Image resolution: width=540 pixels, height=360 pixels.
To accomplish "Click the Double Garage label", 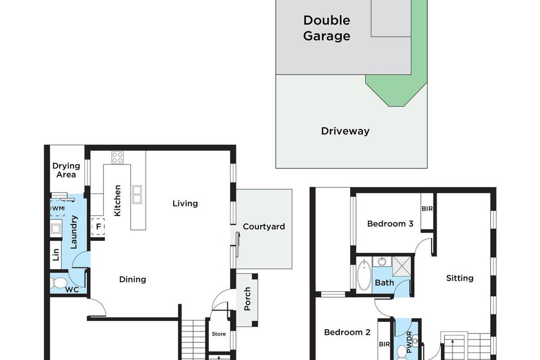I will [326, 28].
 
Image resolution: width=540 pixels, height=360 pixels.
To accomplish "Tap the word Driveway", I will [345, 131].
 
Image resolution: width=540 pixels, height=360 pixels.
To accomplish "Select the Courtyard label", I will [263, 227].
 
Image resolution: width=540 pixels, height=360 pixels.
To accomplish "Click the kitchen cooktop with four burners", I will [117, 157].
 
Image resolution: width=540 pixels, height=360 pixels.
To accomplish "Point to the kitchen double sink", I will [137, 194].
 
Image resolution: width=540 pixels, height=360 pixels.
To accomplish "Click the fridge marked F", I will [98, 227].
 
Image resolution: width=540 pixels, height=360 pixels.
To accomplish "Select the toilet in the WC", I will [59, 282].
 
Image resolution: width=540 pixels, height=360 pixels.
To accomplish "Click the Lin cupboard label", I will [56, 254].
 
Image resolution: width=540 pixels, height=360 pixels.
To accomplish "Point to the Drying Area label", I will [66, 170].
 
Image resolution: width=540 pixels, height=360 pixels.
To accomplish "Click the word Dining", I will [133, 280].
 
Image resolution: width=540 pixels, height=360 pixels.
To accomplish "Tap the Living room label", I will [185, 204].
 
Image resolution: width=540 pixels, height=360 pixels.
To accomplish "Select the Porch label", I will [247, 299].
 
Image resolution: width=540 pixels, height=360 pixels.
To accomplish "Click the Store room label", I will [219, 334].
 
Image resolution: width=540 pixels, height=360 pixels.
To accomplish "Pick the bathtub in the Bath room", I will [364, 276].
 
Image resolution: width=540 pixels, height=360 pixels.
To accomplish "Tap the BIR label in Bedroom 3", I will [427, 209].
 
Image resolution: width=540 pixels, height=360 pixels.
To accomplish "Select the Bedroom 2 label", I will [347, 333].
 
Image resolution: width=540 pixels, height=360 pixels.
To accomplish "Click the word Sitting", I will [459, 278].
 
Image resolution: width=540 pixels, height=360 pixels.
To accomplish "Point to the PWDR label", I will [409, 343].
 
